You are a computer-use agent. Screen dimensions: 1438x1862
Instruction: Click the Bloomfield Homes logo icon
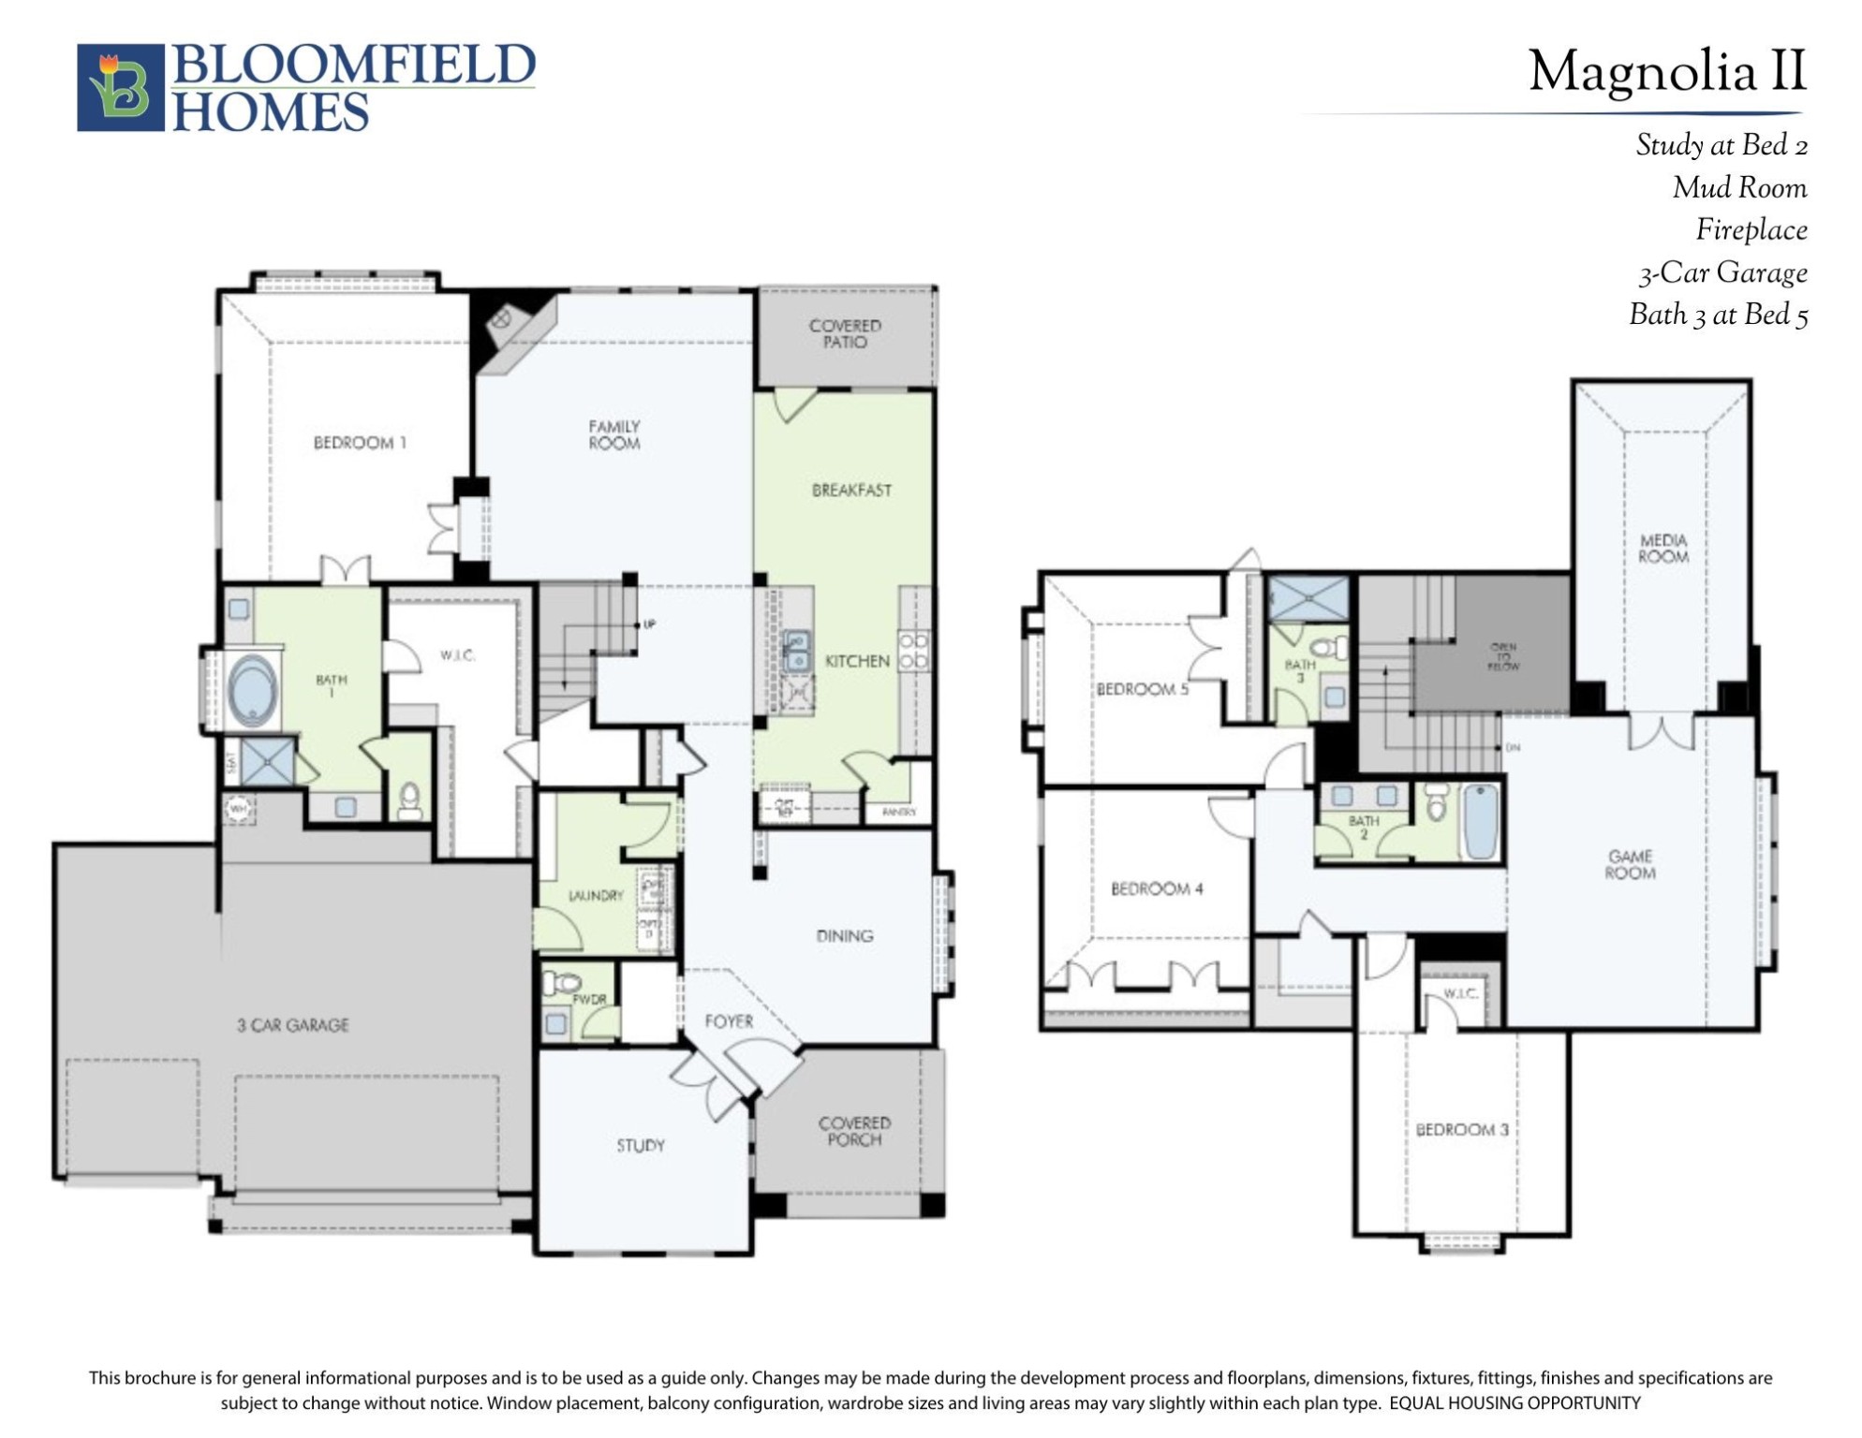(120, 87)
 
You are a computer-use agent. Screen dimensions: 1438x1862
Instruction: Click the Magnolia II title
(1666, 72)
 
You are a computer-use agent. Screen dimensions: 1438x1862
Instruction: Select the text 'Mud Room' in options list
(1739, 188)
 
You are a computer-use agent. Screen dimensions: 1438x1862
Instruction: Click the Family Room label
(613, 434)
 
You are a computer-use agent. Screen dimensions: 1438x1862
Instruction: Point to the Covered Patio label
(845, 333)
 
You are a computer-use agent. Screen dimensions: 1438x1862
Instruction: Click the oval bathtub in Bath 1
(252, 690)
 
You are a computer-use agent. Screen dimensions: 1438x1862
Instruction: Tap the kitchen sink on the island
(797, 650)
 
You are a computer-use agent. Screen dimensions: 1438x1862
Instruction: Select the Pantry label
(898, 812)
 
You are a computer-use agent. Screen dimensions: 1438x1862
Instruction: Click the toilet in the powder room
(563, 983)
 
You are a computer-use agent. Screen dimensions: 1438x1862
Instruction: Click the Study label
(641, 1145)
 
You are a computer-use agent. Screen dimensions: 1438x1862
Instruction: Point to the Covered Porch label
(853, 1131)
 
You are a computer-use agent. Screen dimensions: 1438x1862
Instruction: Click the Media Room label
(1662, 549)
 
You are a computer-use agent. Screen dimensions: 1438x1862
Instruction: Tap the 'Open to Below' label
(1502, 656)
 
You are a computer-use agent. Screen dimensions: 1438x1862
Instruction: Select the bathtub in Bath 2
(1481, 821)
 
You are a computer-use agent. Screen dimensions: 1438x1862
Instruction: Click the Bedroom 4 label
(1156, 888)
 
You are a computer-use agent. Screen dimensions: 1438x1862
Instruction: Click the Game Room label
(1630, 864)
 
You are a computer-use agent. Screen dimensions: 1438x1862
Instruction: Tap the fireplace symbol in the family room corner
(501, 319)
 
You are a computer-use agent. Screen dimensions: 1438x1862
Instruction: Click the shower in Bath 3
(1308, 597)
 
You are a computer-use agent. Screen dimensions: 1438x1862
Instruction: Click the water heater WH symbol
(238, 808)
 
